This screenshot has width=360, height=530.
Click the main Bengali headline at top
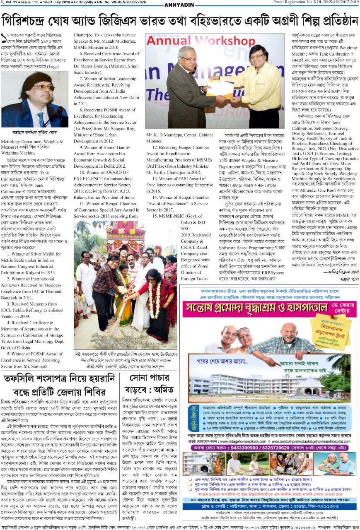[180, 20]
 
